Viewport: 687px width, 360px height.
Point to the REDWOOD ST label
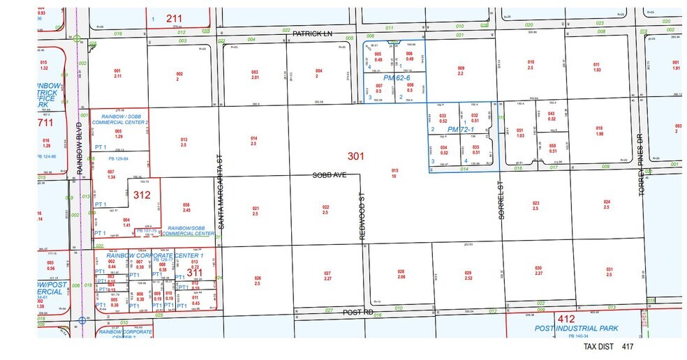point(362,222)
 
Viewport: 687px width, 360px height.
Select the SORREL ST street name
point(501,202)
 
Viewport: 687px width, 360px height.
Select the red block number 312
point(142,195)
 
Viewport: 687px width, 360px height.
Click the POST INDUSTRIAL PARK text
point(578,328)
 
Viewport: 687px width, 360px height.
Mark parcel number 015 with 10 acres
point(394,173)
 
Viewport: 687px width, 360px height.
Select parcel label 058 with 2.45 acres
point(187,207)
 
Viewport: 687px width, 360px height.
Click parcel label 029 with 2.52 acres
point(468,275)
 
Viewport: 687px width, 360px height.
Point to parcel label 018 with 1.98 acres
point(599,131)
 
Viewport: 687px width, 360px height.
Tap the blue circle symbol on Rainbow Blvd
point(82,321)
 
